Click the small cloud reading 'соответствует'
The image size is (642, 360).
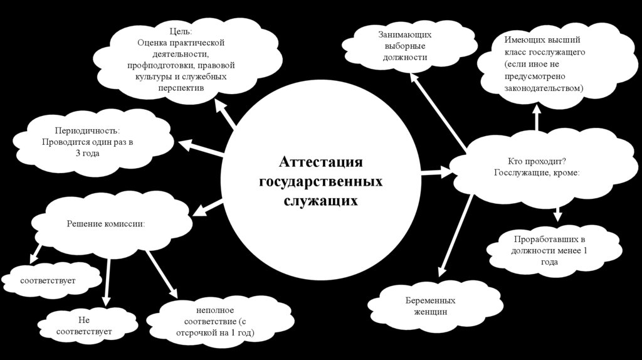(x=48, y=280)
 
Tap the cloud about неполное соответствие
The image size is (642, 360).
(x=215, y=321)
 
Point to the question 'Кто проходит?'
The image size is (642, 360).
(x=537, y=161)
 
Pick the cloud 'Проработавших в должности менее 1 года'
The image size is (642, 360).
(x=549, y=251)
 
